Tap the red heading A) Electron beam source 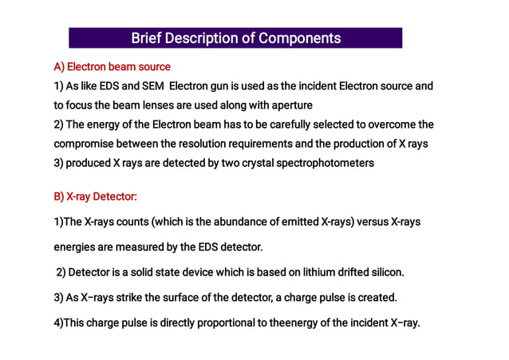point(112,66)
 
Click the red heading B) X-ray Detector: point(95,196)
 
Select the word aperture point(290,105)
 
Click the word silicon point(386,272)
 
